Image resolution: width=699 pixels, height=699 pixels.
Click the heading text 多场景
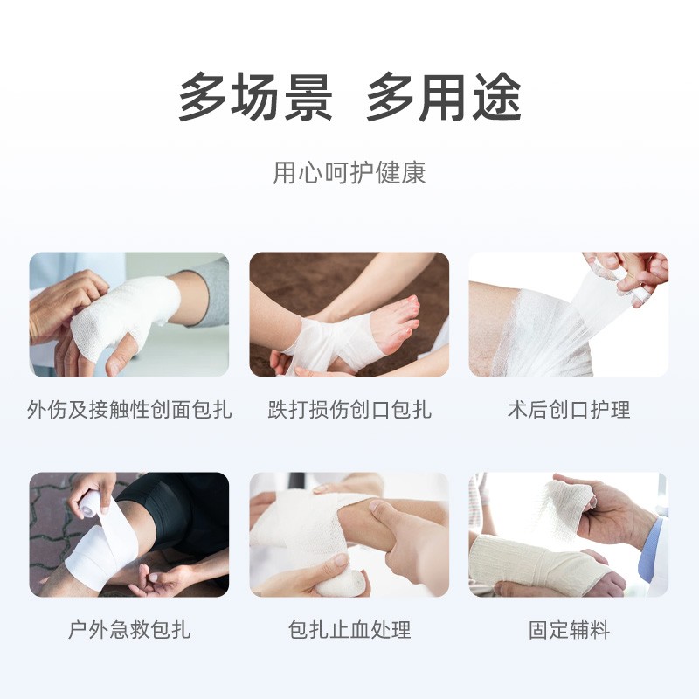pos(255,97)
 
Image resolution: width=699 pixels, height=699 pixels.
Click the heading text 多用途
pos(444,97)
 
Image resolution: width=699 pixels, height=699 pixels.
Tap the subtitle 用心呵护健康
pos(349,172)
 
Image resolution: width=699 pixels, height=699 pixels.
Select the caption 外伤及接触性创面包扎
pos(129,409)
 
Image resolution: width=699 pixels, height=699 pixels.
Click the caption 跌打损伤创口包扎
pos(349,409)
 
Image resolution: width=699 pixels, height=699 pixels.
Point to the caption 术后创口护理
pos(569,409)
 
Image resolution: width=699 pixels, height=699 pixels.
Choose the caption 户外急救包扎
pos(129,629)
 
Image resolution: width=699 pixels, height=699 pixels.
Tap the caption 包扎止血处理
pos(349,629)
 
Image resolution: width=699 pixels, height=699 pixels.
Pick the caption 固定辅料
pos(569,629)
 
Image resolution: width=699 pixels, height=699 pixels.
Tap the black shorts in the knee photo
pos(178,509)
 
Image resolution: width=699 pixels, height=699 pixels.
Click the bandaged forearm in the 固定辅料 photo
pos(535,564)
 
